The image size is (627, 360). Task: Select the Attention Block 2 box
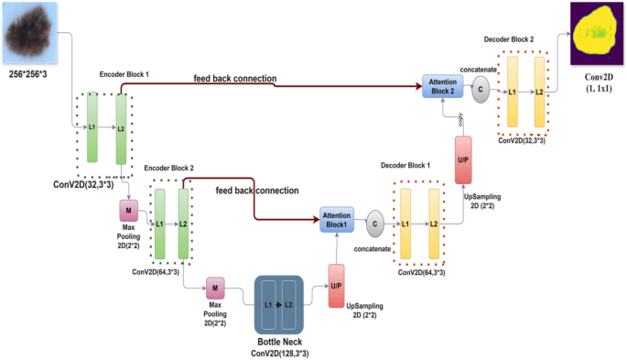(443, 87)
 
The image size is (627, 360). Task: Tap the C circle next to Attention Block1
(374, 220)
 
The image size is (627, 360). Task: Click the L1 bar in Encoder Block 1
(92, 127)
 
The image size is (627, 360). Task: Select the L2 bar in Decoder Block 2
(540, 93)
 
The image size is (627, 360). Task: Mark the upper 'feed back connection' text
(234, 79)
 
